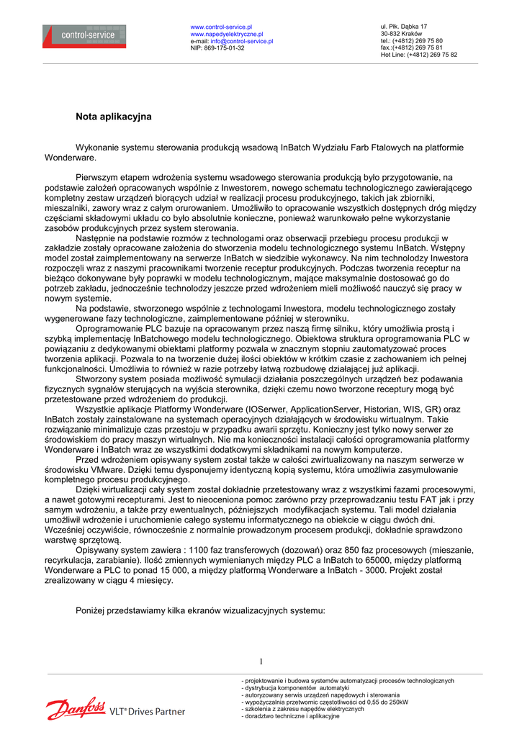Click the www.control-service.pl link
pos(221,27)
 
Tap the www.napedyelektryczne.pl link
pos(227,34)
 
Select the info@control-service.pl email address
pos(242,41)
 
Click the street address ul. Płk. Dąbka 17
pos(404,27)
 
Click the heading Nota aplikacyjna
pos(114,116)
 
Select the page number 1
pos(261,661)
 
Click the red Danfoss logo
pos(76,708)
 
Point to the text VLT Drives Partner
pos(147,712)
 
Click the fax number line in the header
pos(412,48)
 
